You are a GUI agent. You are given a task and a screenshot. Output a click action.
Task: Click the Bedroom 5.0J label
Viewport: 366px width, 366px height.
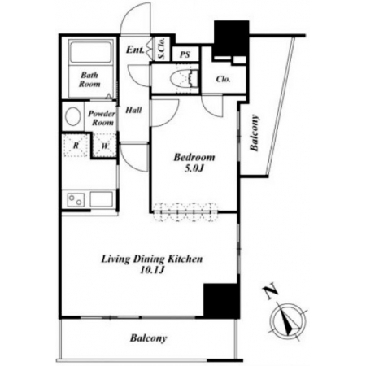click(x=194, y=163)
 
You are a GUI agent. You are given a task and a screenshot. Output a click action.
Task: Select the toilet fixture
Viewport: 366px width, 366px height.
click(x=184, y=78)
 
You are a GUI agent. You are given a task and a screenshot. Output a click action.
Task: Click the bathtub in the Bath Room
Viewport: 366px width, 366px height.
click(x=91, y=51)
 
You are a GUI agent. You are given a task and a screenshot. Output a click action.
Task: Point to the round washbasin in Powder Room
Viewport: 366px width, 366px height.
click(x=72, y=116)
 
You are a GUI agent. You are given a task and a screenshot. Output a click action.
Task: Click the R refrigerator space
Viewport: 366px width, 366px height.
click(x=76, y=146)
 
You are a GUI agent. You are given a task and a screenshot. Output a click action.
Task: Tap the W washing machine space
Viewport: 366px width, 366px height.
click(x=105, y=146)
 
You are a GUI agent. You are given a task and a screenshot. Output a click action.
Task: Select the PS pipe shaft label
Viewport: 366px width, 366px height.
click(x=185, y=54)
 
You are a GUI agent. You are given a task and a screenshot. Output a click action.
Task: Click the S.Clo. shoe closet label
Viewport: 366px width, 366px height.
click(x=162, y=49)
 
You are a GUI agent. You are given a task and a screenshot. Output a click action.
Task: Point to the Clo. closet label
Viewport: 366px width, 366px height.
click(x=223, y=79)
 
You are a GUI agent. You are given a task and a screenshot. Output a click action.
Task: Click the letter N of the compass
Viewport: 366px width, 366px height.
click(x=272, y=292)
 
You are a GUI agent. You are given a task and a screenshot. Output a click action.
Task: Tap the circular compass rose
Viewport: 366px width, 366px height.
click(x=288, y=321)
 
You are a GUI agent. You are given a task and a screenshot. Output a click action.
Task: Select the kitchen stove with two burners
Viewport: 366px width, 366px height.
click(x=76, y=200)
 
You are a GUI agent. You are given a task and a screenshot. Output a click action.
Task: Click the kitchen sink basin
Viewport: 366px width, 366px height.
click(x=102, y=199)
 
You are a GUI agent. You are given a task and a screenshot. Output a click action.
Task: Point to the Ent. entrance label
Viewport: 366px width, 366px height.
click(x=135, y=50)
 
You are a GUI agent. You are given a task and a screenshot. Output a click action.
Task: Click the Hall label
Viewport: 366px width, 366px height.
click(x=133, y=110)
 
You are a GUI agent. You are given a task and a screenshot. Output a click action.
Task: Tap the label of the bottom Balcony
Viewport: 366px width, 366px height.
click(x=148, y=338)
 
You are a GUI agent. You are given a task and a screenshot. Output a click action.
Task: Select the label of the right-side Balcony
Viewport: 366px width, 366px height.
click(x=254, y=133)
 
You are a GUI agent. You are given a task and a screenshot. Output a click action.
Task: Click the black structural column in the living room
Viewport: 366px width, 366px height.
click(x=221, y=301)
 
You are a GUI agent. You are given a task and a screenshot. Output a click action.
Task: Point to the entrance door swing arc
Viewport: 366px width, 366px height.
click(x=128, y=16)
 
